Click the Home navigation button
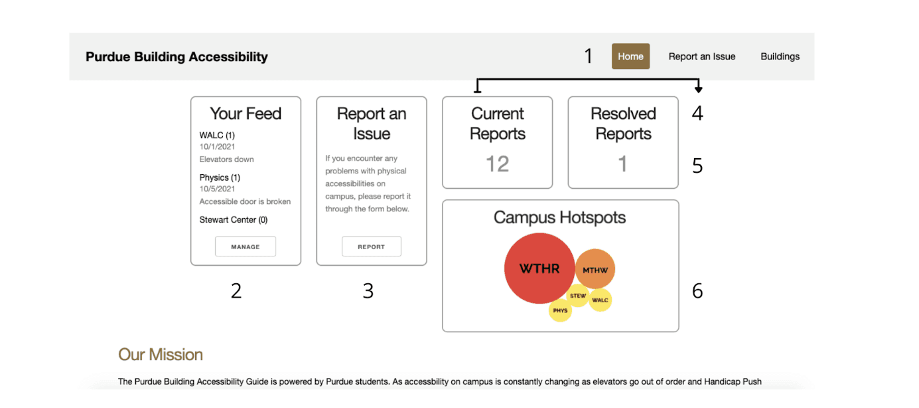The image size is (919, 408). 630,56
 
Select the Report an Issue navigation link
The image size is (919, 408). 701,56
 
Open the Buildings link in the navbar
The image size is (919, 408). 780,56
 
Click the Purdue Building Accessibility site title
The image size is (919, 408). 177,56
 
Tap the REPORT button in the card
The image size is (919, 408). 371,247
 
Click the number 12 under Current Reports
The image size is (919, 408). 497,163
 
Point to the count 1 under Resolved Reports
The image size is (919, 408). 622,163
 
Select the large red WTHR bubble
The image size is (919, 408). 539,268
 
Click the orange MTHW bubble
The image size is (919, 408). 595,270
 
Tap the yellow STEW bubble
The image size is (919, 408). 578,296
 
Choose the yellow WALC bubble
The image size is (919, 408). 600,300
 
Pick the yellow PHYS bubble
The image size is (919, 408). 560,310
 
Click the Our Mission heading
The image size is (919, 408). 161,354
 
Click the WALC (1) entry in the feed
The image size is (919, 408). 217,136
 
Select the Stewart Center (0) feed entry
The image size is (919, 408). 234,220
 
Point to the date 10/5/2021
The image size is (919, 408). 217,189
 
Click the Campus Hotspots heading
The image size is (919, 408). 559,217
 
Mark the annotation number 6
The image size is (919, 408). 697,290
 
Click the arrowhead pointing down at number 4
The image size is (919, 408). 698,88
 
